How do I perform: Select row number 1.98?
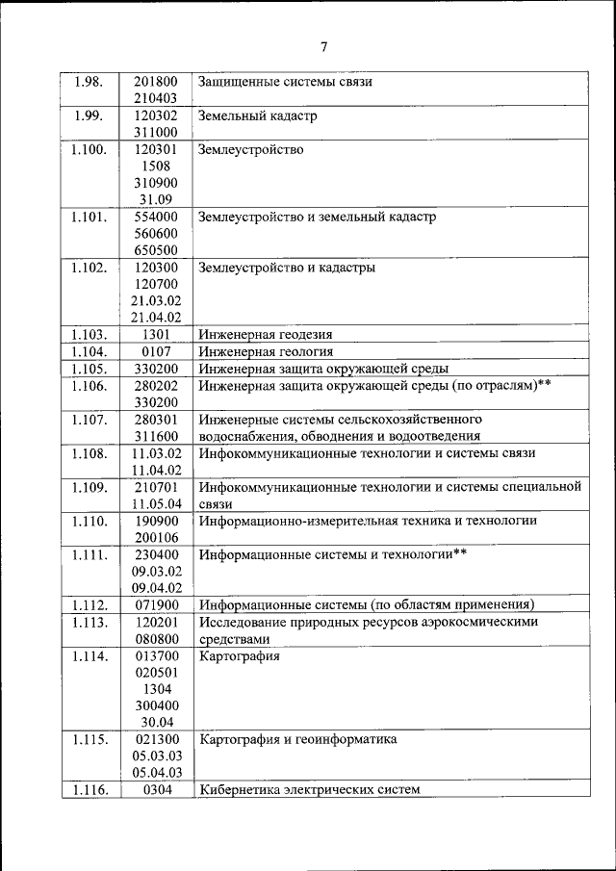pos(90,82)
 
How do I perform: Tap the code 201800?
pos(156,82)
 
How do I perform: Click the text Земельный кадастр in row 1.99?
pos(257,116)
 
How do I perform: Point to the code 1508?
pos(156,167)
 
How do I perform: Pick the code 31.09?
pos(156,200)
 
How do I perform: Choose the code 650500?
pos(156,250)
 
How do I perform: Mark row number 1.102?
pos(90,268)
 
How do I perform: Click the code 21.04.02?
pos(156,317)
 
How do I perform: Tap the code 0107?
pos(156,351)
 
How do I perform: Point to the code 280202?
pos(156,385)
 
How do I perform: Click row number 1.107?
pos(90,419)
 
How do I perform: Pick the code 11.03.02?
pos(156,453)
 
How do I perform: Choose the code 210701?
pos(156,487)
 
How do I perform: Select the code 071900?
pos(156,604)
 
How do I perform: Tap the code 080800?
pos(156,638)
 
